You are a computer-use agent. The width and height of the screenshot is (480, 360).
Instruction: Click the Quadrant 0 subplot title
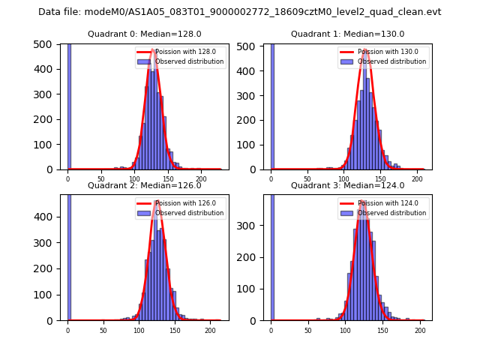[x=144, y=34]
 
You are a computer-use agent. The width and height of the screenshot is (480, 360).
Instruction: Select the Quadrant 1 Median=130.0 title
[x=347, y=34]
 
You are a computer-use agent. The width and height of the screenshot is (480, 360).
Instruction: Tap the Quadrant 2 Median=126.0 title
[x=144, y=185]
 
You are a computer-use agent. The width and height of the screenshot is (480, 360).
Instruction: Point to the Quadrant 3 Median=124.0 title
[x=347, y=185]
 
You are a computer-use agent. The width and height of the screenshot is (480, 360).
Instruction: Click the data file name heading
[x=240, y=12]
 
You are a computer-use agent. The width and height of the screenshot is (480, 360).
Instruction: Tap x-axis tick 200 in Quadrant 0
[x=201, y=178]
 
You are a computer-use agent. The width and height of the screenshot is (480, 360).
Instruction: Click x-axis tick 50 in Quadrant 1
[x=307, y=178]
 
